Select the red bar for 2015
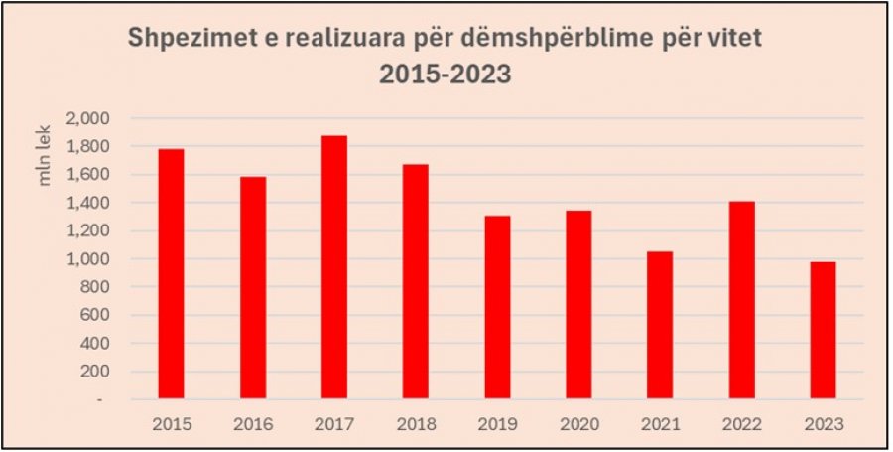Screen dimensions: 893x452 pos(171,273)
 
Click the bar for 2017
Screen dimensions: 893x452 pos(334,267)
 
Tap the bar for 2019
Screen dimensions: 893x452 pos(498,307)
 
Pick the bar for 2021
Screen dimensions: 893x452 pos(660,325)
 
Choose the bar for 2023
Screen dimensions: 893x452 pos(824,331)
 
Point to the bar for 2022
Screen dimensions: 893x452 pos(742,300)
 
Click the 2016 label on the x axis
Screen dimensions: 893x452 pos(252,425)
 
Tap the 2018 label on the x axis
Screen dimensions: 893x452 pos(416,425)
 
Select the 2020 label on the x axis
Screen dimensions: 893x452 pos(578,425)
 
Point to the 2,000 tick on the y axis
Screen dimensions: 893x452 pos(88,118)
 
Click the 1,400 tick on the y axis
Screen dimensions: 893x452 pos(88,203)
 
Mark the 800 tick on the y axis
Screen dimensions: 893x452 pos(94,287)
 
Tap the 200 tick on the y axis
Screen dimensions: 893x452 pos(94,372)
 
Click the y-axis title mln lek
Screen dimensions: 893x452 pos(45,156)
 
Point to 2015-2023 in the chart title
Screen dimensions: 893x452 pos(446,75)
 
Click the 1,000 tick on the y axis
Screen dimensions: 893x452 pos(88,258)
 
